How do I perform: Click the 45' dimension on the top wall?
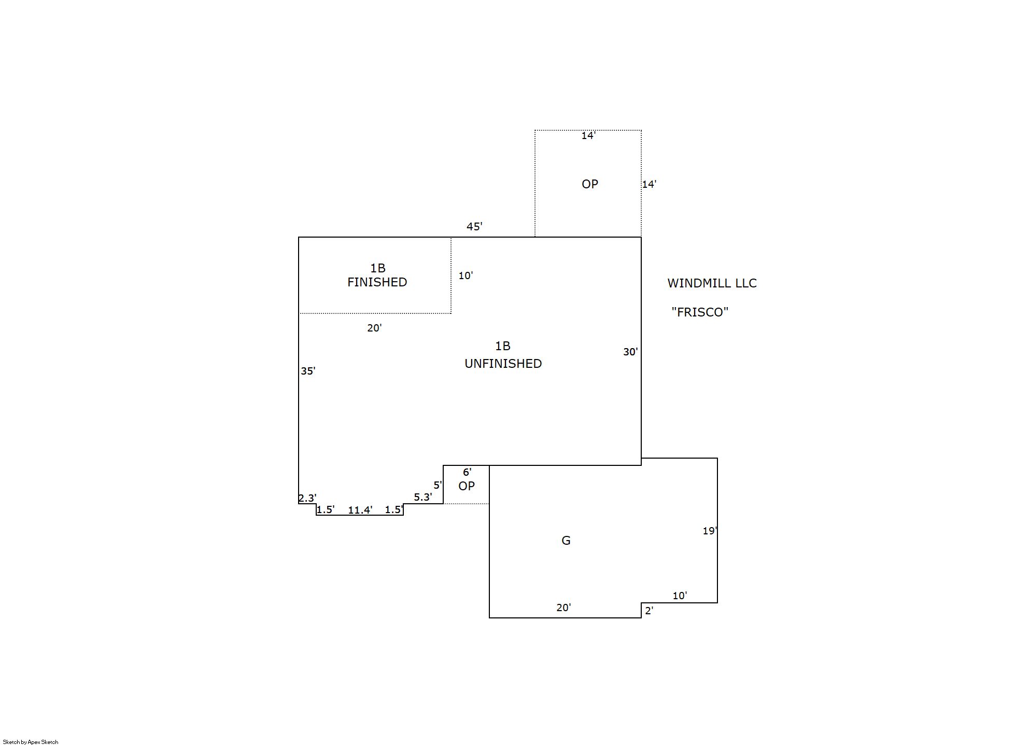474,226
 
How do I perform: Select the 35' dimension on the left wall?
308,371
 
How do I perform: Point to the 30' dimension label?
630,352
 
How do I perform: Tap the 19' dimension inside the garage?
710,531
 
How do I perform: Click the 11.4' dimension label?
360,510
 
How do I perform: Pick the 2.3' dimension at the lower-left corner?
307,498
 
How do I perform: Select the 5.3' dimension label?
423,497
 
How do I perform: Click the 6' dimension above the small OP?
467,472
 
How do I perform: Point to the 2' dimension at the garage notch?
649,611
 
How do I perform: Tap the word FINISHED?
377,282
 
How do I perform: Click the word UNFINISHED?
503,364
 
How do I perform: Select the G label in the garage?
566,541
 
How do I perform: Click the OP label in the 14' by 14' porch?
590,184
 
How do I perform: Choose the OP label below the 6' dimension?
467,486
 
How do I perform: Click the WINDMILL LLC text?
712,283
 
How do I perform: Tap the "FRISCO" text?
700,312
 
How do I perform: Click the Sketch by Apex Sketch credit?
31,742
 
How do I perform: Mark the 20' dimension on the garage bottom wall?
563,608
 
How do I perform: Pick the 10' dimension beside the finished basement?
466,275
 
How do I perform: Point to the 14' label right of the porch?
649,184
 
